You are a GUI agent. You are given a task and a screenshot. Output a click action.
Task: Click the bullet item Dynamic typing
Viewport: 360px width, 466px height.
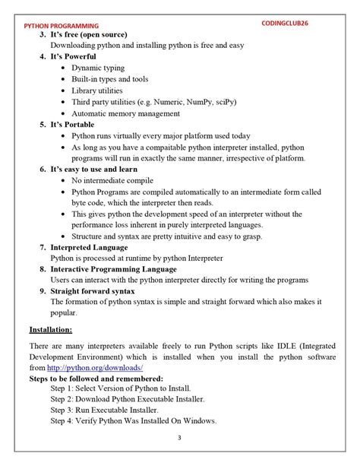point(98,68)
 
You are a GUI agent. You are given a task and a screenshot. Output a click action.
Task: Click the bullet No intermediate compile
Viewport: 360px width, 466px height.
point(115,181)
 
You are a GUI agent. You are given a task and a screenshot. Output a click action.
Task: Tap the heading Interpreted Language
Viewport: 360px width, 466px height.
point(89,248)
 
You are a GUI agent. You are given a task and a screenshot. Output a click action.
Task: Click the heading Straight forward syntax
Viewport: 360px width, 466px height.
point(93,292)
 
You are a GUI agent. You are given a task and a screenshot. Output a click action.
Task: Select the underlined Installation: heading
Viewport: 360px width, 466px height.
point(51,330)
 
